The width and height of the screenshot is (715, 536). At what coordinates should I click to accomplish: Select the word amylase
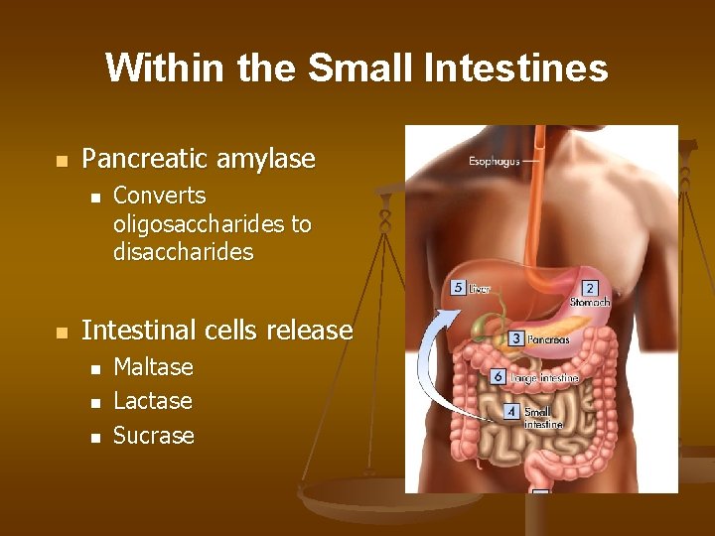click(x=268, y=159)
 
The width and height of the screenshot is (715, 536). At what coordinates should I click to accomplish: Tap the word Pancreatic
click(x=147, y=159)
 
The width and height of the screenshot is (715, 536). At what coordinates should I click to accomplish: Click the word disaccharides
click(x=184, y=252)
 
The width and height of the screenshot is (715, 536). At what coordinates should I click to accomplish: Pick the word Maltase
click(x=154, y=367)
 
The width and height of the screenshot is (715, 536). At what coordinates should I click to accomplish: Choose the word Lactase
click(x=153, y=401)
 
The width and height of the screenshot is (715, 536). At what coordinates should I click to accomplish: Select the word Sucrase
click(x=154, y=435)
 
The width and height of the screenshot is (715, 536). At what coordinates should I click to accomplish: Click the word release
click(x=314, y=330)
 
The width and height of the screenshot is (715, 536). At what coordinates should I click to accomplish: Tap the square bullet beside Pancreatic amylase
click(x=62, y=160)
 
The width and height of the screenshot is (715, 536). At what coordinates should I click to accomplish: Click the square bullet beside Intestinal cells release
click(x=62, y=332)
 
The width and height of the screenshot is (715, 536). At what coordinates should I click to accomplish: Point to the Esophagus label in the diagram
click(x=494, y=159)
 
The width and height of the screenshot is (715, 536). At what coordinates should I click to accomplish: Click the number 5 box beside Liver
click(x=458, y=288)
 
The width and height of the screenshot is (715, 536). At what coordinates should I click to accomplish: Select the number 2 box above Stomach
click(x=590, y=288)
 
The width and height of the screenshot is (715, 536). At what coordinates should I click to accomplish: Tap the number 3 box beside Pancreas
click(x=516, y=338)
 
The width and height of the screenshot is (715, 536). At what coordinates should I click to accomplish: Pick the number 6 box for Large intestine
click(x=499, y=377)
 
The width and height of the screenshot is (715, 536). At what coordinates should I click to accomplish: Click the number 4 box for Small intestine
click(x=510, y=410)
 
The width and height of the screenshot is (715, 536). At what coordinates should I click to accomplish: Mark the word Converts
click(x=160, y=196)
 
